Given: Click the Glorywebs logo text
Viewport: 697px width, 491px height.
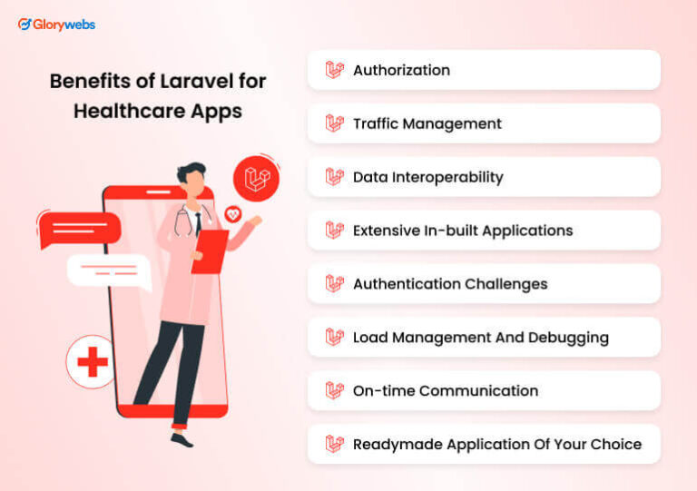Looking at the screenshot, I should coord(64,25).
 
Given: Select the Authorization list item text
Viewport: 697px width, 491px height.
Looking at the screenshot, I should coord(401,70).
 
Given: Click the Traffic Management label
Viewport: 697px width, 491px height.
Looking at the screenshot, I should coord(427,123).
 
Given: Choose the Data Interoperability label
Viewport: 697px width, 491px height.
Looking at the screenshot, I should coord(427,177).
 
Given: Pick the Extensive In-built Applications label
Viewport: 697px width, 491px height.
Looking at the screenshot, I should coord(463,231).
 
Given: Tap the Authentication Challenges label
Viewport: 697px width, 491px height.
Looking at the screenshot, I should coord(450,284).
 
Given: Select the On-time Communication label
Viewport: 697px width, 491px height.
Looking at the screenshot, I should coord(446,391).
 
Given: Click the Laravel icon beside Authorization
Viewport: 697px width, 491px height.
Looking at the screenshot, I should coord(335,70).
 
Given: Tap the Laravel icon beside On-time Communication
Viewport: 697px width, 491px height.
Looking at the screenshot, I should coord(335,391).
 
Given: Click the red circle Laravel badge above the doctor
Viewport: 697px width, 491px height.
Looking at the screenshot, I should coord(256,178).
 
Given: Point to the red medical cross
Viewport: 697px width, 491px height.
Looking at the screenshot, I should coord(92,363).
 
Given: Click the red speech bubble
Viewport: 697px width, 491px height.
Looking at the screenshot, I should coord(79,228).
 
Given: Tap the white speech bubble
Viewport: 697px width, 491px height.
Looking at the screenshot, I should coord(108,270).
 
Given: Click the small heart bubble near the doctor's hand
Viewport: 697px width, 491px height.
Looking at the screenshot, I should coord(233,214).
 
